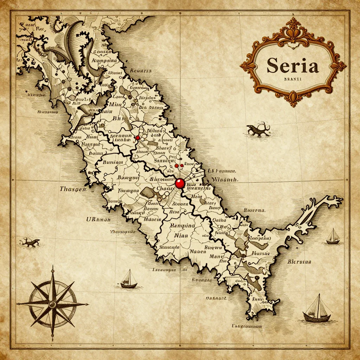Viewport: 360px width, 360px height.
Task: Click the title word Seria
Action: (292, 66)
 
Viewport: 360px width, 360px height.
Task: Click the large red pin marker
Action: (180, 183)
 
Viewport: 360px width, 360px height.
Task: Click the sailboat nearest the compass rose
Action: (129, 279)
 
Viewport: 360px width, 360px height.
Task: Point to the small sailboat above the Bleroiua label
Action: (333, 237)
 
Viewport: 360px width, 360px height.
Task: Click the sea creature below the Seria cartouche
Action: (258, 130)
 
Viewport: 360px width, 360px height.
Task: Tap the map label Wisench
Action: (225, 179)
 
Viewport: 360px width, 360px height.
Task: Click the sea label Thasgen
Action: (73, 189)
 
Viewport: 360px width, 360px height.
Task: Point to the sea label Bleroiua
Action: (299, 262)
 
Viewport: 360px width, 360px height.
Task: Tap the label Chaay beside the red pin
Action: (162, 188)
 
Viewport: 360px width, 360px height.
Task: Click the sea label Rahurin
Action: (141, 71)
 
